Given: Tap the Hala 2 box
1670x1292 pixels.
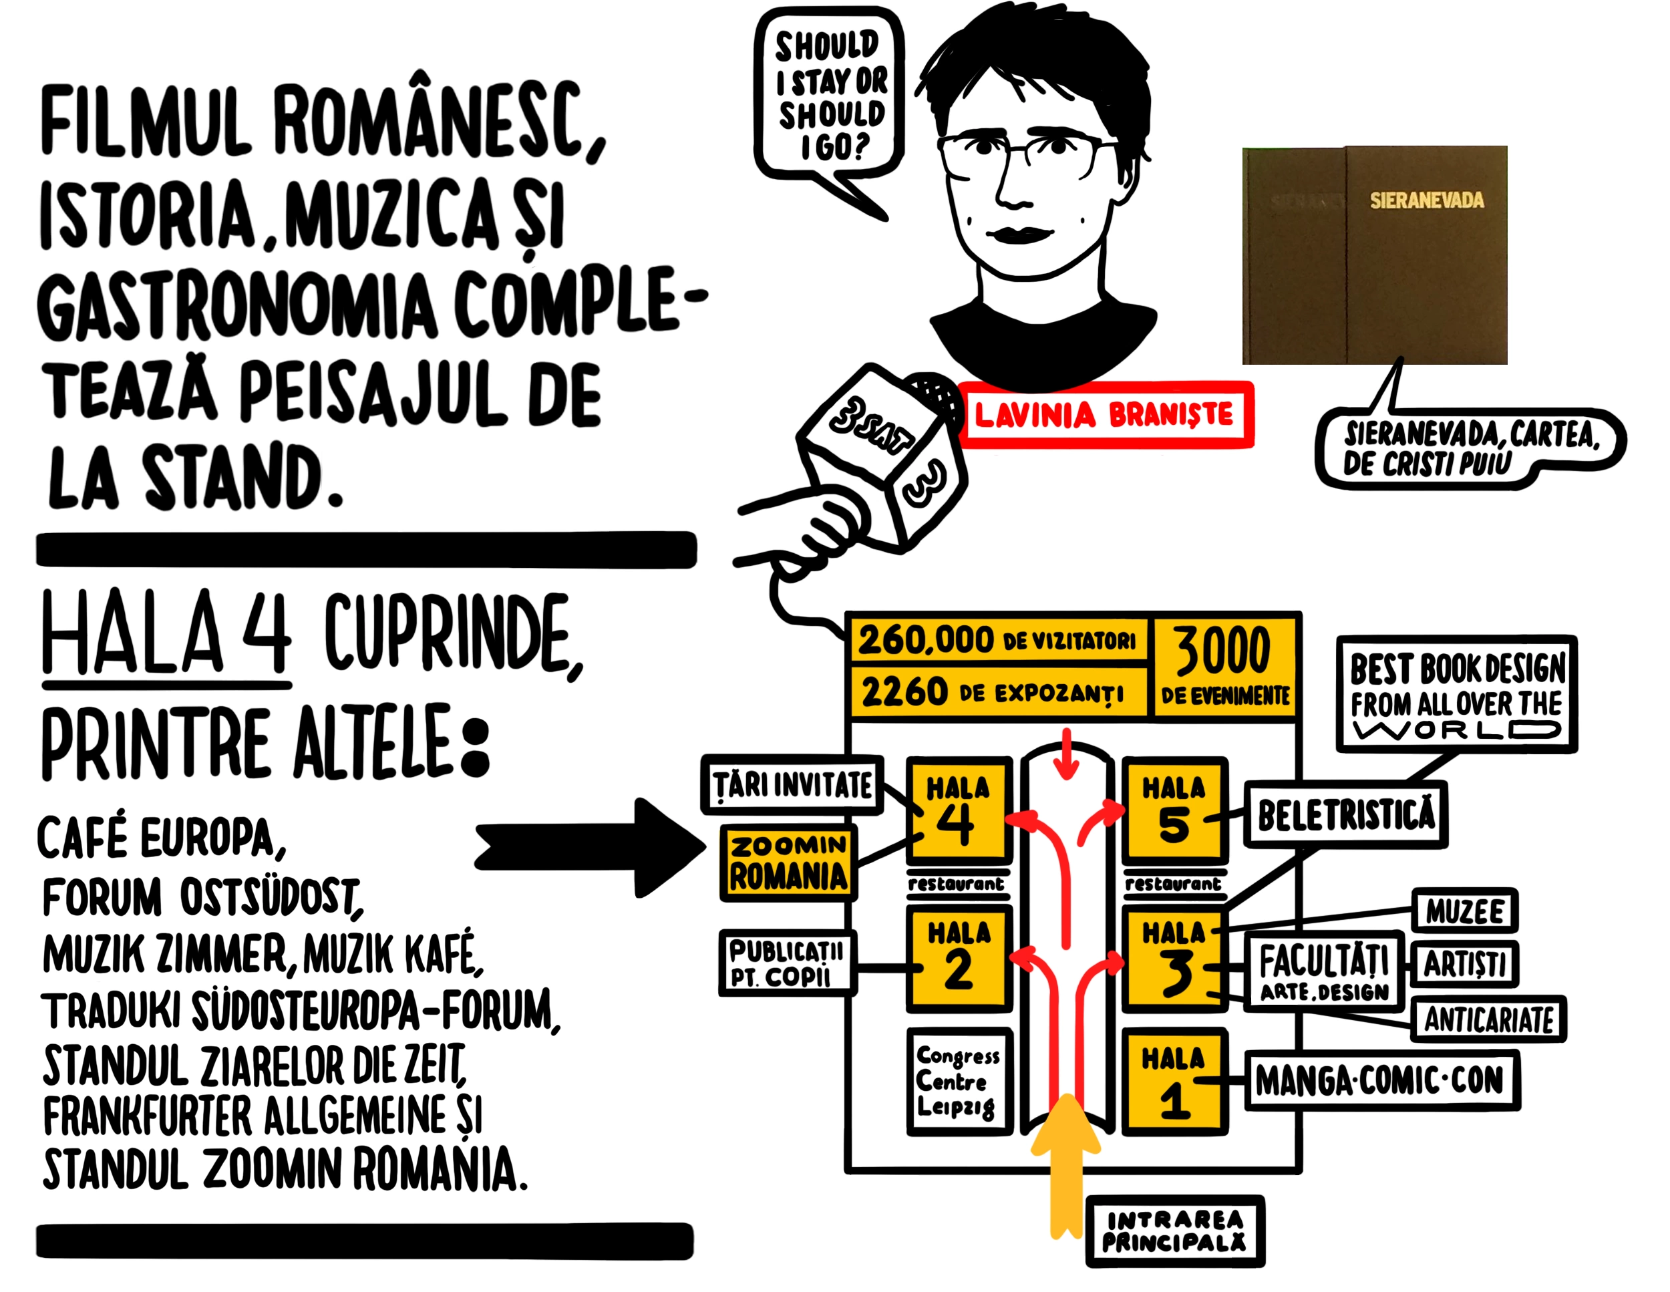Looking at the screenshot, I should coord(959,957).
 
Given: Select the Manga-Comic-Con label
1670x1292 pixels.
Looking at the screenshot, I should coord(1381,1080).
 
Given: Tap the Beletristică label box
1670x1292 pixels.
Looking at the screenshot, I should coord(1346,814).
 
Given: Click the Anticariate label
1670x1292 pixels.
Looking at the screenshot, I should coord(1488,1019).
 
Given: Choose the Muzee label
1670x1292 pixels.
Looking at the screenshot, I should coord(1464,911).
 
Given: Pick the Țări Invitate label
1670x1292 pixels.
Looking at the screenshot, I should coord(792,785).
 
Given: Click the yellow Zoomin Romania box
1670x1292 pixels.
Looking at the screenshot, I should coord(788,862).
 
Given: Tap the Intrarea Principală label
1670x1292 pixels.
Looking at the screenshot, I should coord(1174,1231).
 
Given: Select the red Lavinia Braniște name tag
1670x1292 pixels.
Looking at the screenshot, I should coord(1105,414).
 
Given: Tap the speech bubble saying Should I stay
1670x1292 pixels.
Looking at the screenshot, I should coord(830,96).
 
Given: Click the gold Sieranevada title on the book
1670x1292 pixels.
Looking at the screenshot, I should coord(1426,200).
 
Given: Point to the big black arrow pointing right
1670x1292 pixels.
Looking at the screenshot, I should coord(589,847).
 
